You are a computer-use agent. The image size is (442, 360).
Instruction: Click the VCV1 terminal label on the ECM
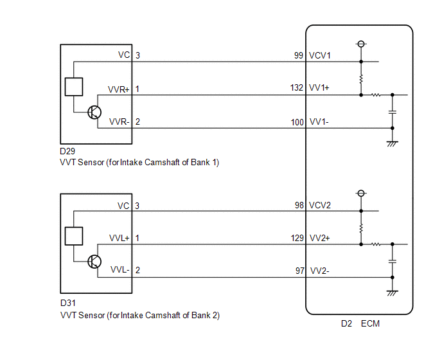coord(321,56)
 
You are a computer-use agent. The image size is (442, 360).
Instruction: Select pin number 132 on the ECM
coord(296,88)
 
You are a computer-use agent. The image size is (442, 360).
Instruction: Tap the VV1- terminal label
coord(319,122)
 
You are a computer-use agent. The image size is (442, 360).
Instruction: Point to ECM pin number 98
coord(299,205)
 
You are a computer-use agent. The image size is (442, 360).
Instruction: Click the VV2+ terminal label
coord(320,238)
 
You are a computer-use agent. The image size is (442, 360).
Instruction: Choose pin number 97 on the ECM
coord(299,271)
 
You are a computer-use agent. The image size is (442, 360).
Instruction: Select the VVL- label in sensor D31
coord(119,270)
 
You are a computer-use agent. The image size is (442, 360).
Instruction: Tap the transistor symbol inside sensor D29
coord(94,112)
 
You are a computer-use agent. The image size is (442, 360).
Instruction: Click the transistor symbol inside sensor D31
coord(94,261)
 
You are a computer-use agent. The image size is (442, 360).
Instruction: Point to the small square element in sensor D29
coord(74,86)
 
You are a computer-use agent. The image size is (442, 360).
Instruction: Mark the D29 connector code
coord(67,152)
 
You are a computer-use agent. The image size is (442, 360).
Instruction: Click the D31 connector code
coord(67,301)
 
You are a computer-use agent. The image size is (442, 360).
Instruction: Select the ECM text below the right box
coord(370,323)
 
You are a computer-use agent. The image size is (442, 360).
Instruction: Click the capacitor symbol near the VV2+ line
coord(392,262)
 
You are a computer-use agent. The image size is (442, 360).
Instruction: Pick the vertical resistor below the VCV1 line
coord(361,78)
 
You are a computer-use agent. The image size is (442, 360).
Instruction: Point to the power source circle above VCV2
coord(361,194)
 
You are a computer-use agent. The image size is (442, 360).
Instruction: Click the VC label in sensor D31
coord(123,206)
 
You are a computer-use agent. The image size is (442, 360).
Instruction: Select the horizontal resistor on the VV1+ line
coord(375,95)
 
